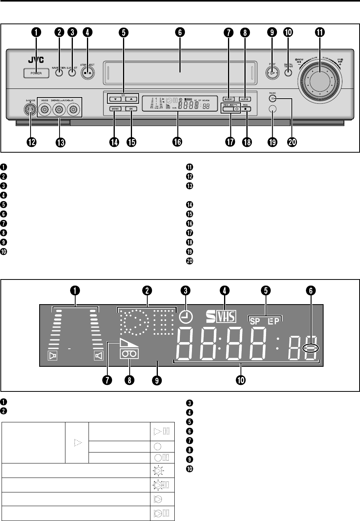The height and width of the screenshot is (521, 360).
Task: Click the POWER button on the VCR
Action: point(36,73)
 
